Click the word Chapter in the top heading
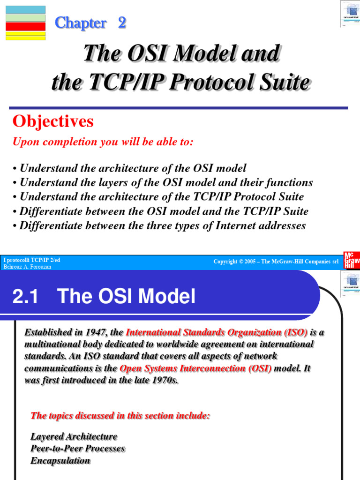pyautogui.click(x=81, y=23)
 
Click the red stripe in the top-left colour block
pyautogui.click(x=25, y=27)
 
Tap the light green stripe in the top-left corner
pyautogui.click(x=25, y=18)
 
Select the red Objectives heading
pyautogui.click(x=53, y=122)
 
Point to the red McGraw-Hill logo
pyautogui.click(x=352, y=260)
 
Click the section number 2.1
pyautogui.click(x=25, y=296)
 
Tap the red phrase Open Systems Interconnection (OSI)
pyautogui.click(x=195, y=368)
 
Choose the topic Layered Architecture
pyautogui.click(x=74, y=436)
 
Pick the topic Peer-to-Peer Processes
pyautogui.click(x=77, y=449)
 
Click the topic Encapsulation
pyautogui.click(x=60, y=460)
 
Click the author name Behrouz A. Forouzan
pyautogui.click(x=27, y=267)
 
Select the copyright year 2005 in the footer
pyautogui.click(x=253, y=262)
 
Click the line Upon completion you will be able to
pyautogui.click(x=103, y=142)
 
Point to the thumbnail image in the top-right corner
pyautogui.click(x=350, y=14)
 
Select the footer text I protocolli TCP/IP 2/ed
pyautogui.click(x=32, y=260)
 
